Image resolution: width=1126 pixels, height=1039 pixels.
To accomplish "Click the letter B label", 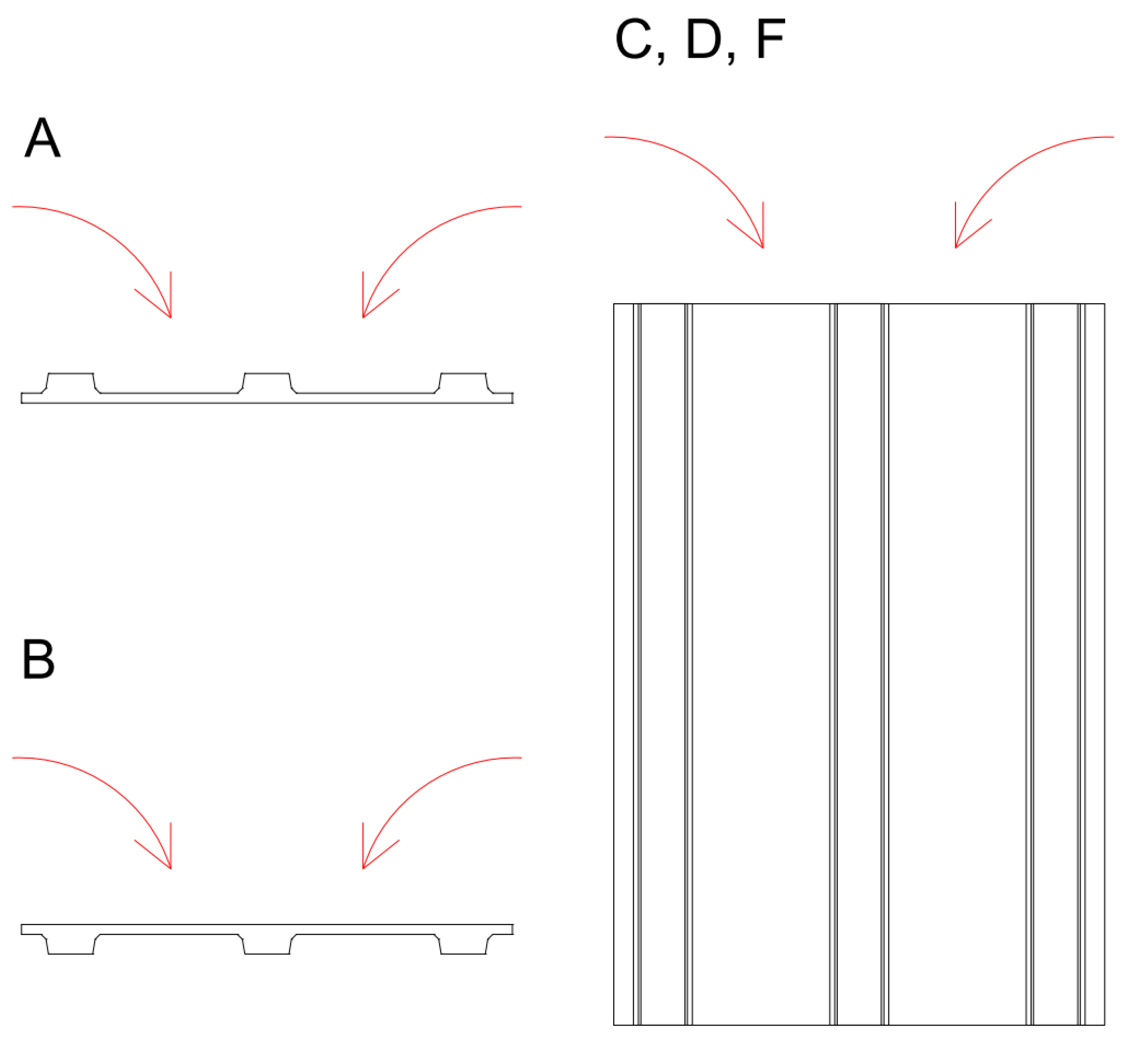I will click(38, 659).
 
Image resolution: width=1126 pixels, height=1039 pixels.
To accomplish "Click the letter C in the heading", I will click(633, 39).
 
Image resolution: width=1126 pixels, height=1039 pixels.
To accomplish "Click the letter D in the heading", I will click(704, 39).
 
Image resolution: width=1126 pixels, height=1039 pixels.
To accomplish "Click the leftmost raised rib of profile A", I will click(70, 382).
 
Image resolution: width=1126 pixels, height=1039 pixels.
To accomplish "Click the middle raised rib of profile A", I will click(267, 382).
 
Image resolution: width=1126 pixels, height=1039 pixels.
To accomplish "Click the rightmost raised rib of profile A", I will click(463, 382).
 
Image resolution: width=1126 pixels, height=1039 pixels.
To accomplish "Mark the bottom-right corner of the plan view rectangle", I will click(1104, 1024).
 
